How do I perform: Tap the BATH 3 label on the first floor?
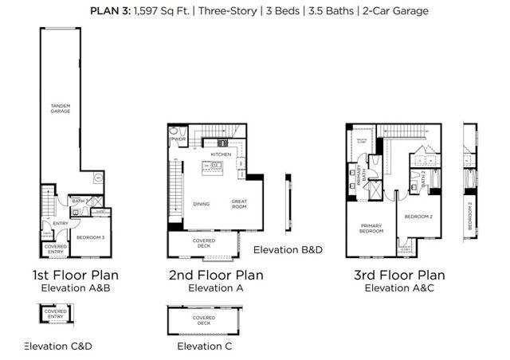(x=78, y=202)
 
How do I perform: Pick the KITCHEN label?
(x=220, y=154)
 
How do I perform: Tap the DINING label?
(x=201, y=204)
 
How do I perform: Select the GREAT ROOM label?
(x=240, y=203)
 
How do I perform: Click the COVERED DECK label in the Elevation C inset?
(x=203, y=321)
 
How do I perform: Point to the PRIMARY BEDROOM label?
(x=371, y=229)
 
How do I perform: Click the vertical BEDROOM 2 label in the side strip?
(x=470, y=216)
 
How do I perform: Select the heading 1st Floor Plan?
(x=76, y=276)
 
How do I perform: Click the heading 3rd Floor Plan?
(x=399, y=276)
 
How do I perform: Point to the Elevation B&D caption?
(x=288, y=250)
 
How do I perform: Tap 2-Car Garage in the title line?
(x=395, y=10)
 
